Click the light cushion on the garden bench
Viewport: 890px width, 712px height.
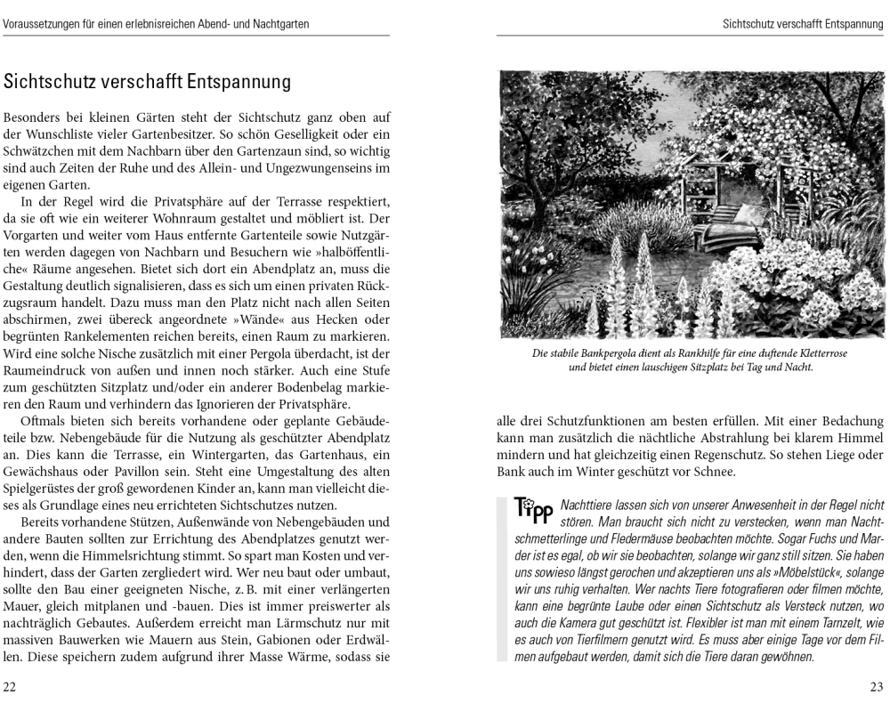(x=746, y=214)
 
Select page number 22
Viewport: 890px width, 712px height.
(x=10, y=687)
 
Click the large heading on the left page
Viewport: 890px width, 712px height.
(x=148, y=83)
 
